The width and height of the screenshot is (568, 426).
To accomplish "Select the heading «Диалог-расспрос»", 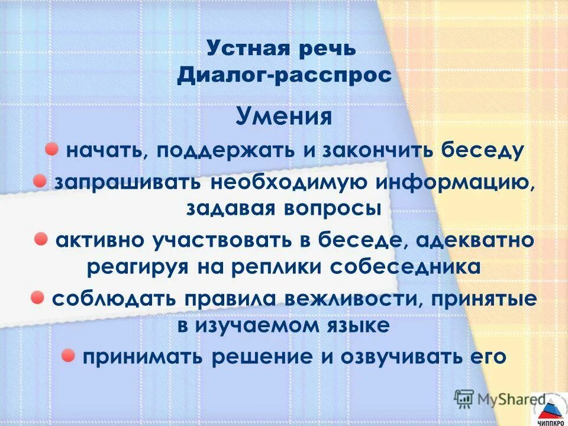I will pos(285,76).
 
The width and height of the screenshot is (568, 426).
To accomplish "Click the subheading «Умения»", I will pos(283,116).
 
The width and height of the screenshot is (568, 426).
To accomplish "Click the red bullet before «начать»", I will pos(53,148).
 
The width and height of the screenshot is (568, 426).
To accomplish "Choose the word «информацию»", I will pos(448,183).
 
